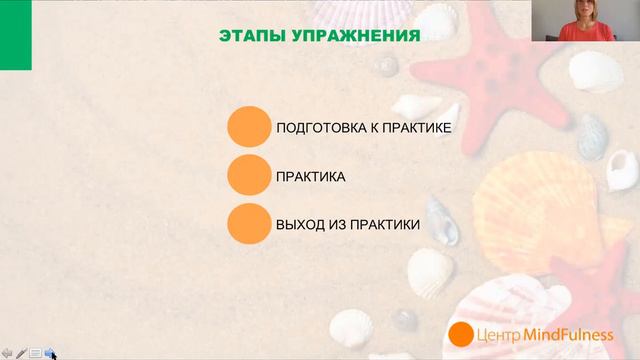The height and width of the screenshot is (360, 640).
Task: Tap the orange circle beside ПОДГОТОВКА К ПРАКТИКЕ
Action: tap(249, 128)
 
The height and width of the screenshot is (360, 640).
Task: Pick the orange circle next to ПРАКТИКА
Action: tap(249, 176)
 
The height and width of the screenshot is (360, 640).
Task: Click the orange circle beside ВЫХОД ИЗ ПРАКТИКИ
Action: tap(249, 225)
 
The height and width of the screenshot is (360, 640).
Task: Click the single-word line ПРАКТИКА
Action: tap(311, 177)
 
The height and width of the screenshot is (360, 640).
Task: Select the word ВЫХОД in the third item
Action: tap(299, 225)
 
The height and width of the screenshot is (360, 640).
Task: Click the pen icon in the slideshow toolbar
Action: tap(21, 353)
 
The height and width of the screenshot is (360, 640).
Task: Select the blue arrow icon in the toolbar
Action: tap(49, 353)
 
